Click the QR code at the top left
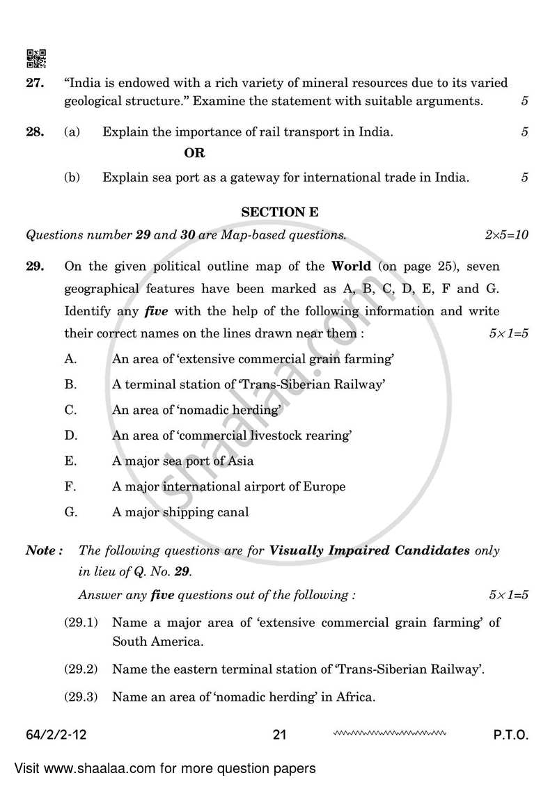tap(36, 58)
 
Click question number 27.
tap(36, 83)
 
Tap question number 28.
tap(36, 132)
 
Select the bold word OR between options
tap(194, 153)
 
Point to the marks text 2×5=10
tap(506, 235)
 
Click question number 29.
tap(36, 267)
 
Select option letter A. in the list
tap(70, 359)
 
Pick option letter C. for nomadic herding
tap(70, 410)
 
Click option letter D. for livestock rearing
tap(70, 436)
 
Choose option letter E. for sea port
tap(70, 461)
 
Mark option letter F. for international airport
tap(70, 486)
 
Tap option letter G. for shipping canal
tap(70, 512)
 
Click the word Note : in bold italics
tap(45, 550)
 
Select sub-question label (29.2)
tap(80, 669)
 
